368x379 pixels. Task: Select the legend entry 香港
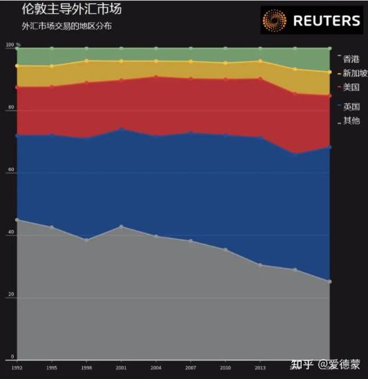point(351,59)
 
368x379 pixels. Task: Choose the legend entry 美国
point(351,87)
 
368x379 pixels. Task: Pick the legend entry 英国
point(351,106)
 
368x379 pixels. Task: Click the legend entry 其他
point(351,121)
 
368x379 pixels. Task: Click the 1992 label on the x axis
point(17,369)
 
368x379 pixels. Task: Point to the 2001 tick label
point(121,369)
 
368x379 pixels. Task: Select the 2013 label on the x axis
point(260,369)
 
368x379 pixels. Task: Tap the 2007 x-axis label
point(190,369)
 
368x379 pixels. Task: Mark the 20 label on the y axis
point(10,295)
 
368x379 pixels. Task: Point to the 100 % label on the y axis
point(12,46)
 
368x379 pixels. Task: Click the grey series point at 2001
point(121,226)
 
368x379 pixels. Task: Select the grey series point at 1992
point(17,220)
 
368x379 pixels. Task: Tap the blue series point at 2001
point(121,128)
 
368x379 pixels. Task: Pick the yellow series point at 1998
point(86,61)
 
